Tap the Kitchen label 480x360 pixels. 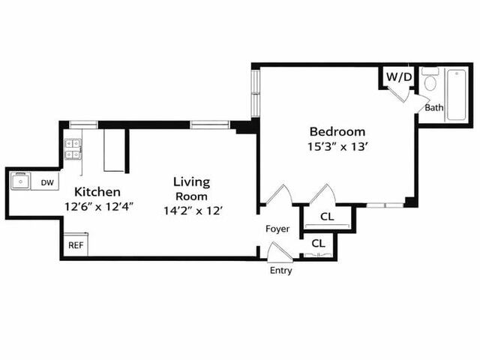click(96, 192)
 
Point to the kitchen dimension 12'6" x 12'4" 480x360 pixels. click(98, 206)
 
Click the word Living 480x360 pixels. click(191, 181)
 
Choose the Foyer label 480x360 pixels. click(277, 229)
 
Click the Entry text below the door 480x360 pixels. click(280, 271)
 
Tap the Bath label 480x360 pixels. click(434, 108)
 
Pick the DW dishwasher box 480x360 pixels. click(46, 182)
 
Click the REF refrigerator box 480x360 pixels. click(75, 245)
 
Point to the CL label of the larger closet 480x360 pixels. click(326, 217)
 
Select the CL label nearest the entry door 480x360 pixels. click(318, 244)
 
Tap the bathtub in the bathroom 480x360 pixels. click(456, 94)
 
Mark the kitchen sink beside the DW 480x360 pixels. click(19, 181)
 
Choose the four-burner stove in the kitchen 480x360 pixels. click(73, 148)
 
